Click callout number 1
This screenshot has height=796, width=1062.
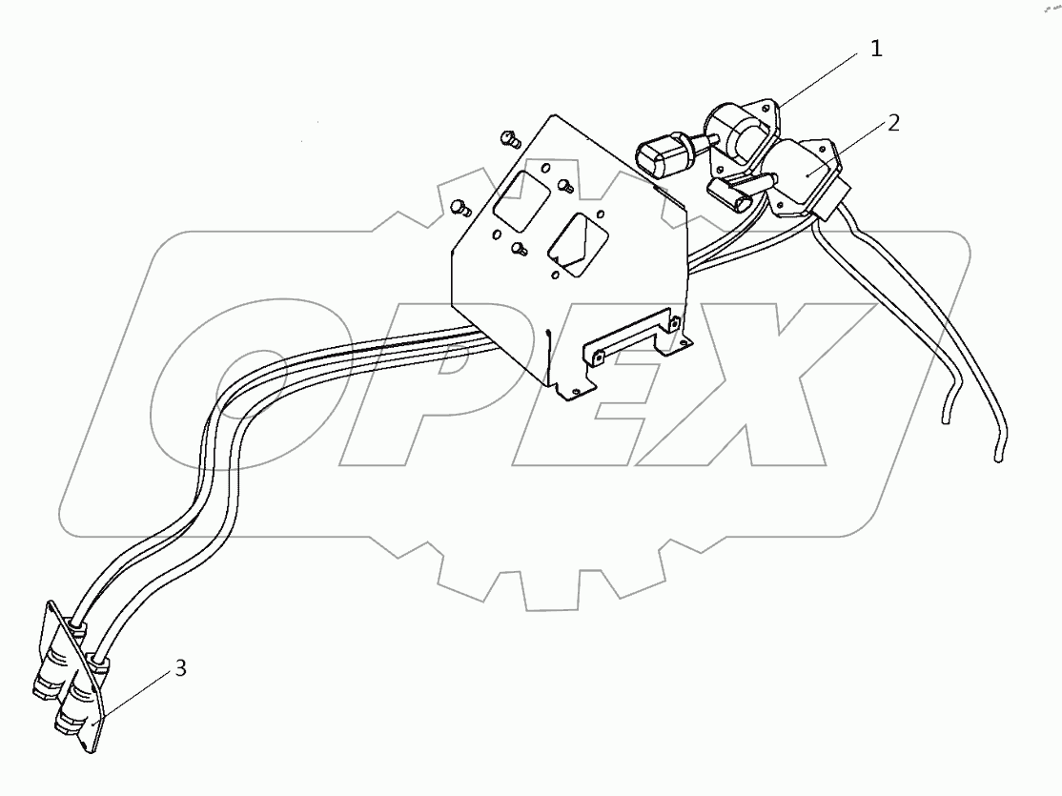click(x=876, y=50)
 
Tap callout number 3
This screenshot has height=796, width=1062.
click(x=180, y=668)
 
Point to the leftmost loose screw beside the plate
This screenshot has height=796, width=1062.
click(x=460, y=205)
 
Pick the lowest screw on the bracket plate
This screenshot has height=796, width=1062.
click(x=520, y=250)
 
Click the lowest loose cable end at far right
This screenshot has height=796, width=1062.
click(x=998, y=456)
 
